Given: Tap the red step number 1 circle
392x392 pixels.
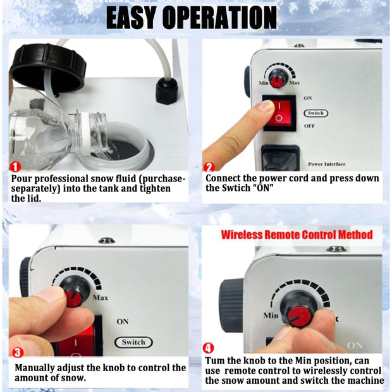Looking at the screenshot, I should (16, 168).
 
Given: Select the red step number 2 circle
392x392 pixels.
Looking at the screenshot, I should (209, 168).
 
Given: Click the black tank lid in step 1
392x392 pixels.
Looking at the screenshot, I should (47, 67).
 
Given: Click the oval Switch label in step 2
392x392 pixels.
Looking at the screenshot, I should (315, 113).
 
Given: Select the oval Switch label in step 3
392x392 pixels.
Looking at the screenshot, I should (133, 342).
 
